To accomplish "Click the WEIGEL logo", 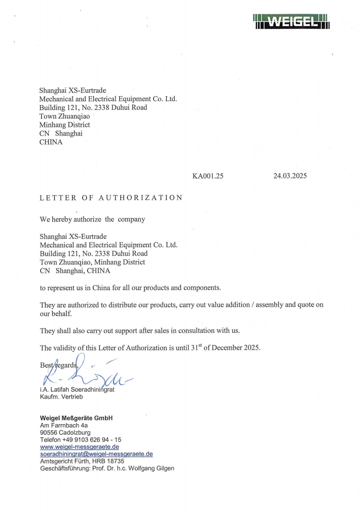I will (290, 21).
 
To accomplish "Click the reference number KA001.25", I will (208, 176).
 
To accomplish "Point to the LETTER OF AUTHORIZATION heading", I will (111, 198).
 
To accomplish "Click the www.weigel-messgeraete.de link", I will (79, 447).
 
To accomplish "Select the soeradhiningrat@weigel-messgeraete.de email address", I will (96, 454).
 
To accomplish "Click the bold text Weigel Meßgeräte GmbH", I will (76, 418).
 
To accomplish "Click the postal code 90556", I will (48, 433).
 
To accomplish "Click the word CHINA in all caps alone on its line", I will (51, 142).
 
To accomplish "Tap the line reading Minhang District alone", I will (65, 125).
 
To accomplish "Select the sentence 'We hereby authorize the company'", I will (92, 219).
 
